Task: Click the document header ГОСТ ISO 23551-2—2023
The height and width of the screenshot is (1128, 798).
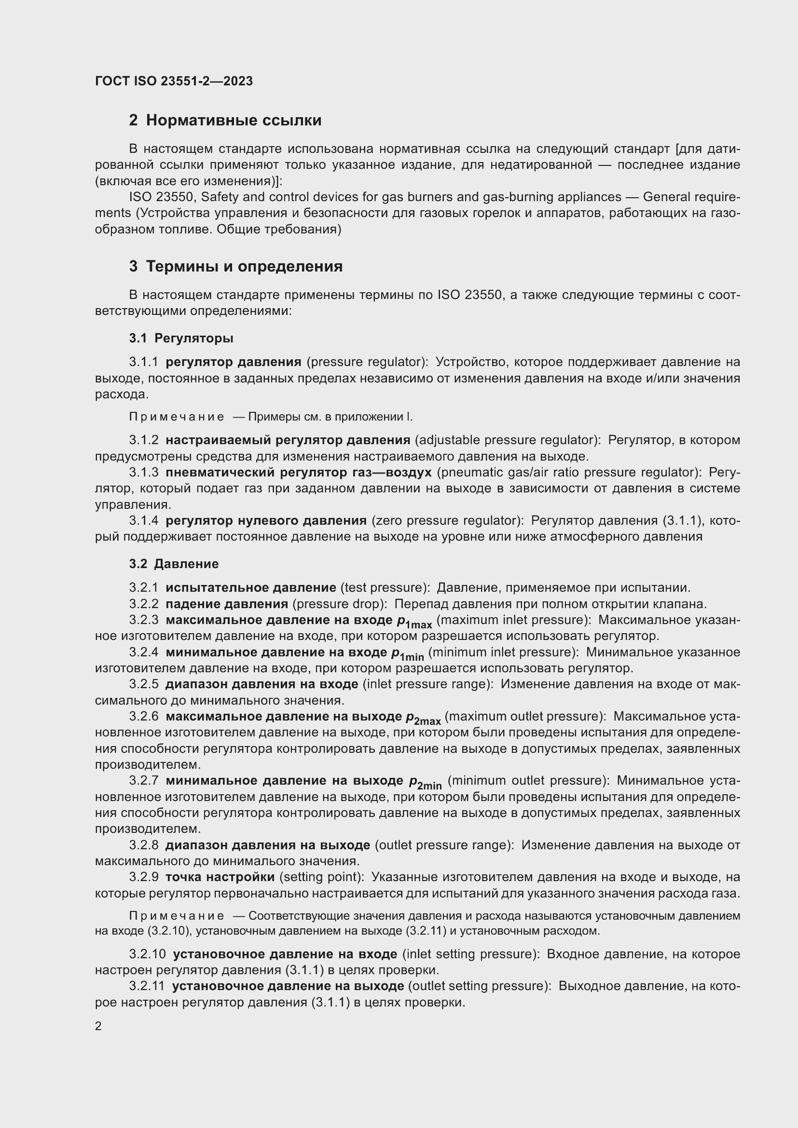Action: [x=174, y=81]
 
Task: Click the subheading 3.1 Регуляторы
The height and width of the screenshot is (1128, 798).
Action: [x=181, y=338]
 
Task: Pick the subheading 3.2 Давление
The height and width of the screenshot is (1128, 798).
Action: [x=174, y=563]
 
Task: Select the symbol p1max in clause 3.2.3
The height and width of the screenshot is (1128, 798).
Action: [x=414, y=622]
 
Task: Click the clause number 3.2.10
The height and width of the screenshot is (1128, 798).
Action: [x=148, y=954]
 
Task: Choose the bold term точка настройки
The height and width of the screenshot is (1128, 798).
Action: [x=220, y=877]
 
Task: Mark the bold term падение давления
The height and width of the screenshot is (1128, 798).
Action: [x=227, y=604]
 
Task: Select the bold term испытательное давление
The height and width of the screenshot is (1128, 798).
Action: [x=250, y=587]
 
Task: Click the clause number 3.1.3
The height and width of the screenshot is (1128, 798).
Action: [x=144, y=472]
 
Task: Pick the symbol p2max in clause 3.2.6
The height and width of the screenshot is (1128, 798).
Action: [x=423, y=718]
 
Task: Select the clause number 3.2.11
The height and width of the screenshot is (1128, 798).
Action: [x=148, y=986]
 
